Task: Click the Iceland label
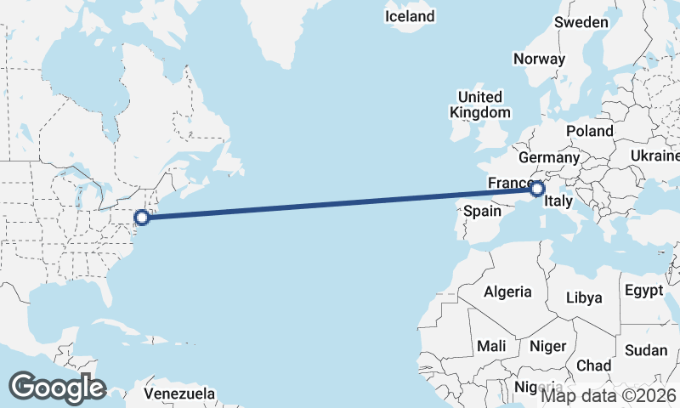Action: coord(410,16)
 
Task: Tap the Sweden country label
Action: coord(581,22)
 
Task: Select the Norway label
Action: coord(539,59)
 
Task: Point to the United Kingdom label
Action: coord(480,105)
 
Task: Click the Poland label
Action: coord(590,131)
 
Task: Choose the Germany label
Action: coord(548,157)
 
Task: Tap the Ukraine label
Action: coord(654,156)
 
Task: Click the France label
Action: coord(508,184)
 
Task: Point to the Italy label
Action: coord(558,201)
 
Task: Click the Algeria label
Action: coord(507,292)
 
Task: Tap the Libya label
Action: coord(584,297)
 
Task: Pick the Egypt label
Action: coord(643,291)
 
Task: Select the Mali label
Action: coord(491,346)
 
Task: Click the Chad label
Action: coord(593,365)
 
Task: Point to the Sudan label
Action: coord(646,350)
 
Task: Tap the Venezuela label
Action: coord(178,394)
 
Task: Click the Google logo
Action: coord(57,388)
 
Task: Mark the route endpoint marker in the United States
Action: coord(143,217)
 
